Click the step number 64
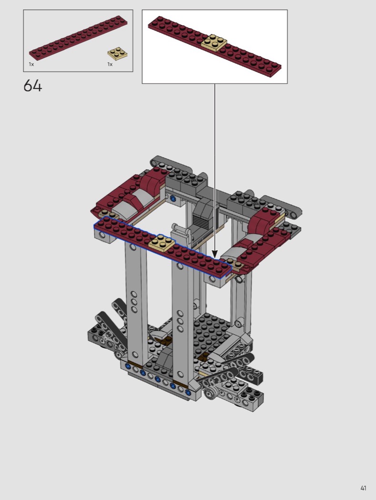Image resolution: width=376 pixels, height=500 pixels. (32, 86)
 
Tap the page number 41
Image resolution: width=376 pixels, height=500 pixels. (363, 488)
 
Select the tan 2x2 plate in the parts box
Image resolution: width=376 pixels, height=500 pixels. (117, 53)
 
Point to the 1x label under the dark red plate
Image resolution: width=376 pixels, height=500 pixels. (31, 64)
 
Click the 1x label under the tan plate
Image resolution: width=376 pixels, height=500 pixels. (110, 64)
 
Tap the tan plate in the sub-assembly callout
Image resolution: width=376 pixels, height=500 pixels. (215, 42)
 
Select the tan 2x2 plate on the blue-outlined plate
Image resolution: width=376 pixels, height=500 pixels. (162, 243)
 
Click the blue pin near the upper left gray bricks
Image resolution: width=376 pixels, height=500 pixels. (173, 199)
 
